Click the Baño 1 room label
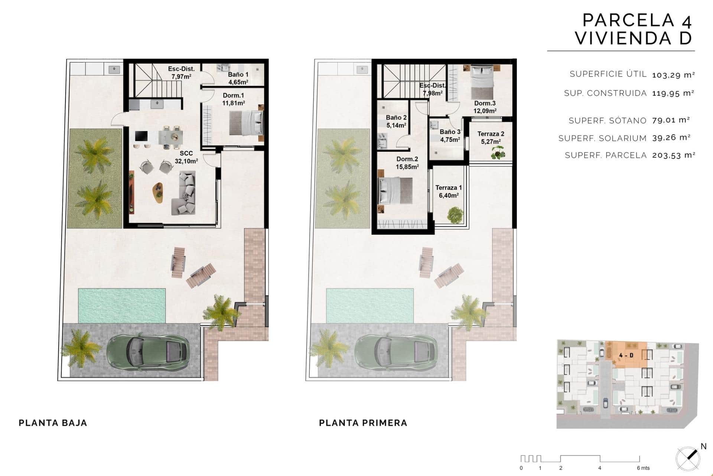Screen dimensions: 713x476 click(238, 78)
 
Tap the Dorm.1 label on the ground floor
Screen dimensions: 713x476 click(233, 99)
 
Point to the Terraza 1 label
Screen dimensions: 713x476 click(449, 192)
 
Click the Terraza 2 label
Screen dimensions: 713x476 click(491, 138)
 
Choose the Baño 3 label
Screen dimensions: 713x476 click(450, 136)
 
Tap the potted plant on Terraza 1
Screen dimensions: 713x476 click(454, 215)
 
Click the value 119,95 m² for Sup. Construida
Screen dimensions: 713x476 click(673, 93)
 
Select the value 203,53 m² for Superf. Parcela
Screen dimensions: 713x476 click(674, 155)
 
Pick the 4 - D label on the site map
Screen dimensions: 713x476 click(626, 355)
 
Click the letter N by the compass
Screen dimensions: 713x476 click(703, 446)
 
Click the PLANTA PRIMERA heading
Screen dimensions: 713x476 click(363, 423)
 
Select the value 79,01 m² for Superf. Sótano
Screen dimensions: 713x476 click(671, 120)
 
